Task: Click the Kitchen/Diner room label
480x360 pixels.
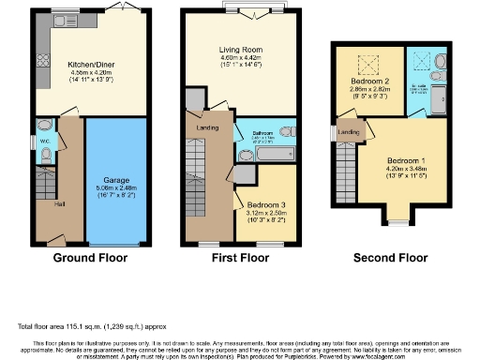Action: [x=90, y=66]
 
